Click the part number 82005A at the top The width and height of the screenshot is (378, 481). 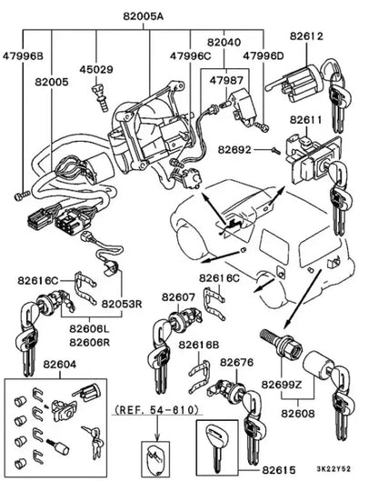pos(144,16)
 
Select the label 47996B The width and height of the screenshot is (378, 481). pos(23,56)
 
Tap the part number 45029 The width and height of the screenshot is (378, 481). pos(96,70)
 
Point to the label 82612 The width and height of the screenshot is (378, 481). pos(306,36)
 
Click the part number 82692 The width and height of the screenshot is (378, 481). pos(234,150)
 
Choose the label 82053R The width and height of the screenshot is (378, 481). pos(122,304)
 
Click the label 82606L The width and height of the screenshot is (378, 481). pos(90,328)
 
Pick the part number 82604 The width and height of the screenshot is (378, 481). pos(60,364)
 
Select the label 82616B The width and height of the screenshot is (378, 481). pos(199,345)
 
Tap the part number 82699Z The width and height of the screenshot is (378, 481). pos(282,384)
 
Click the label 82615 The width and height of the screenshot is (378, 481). pos(279,470)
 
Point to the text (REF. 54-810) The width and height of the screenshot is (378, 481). pos(156,409)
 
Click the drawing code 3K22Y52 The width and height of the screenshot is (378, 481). pos(333,469)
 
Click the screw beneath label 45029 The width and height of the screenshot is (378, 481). pos(100,97)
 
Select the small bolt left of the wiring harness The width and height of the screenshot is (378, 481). pos(22,195)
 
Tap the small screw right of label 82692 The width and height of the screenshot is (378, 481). pos(275,150)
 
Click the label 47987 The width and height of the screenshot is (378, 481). pos(226,80)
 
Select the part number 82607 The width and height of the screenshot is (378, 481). pos(178,297)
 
